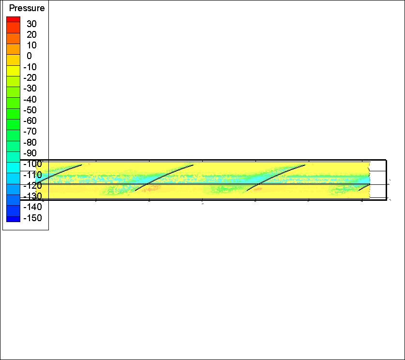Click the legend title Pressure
click(x=27, y=8)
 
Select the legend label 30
click(x=31, y=24)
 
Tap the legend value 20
click(x=31, y=35)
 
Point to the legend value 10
click(x=31, y=45)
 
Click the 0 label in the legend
click(x=29, y=56)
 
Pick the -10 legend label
click(x=30, y=67)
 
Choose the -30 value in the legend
click(x=30, y=89)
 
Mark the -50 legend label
click(x=30, y=110)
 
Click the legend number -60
click(x=30, y=120)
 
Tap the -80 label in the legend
click(x=30, y=142)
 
